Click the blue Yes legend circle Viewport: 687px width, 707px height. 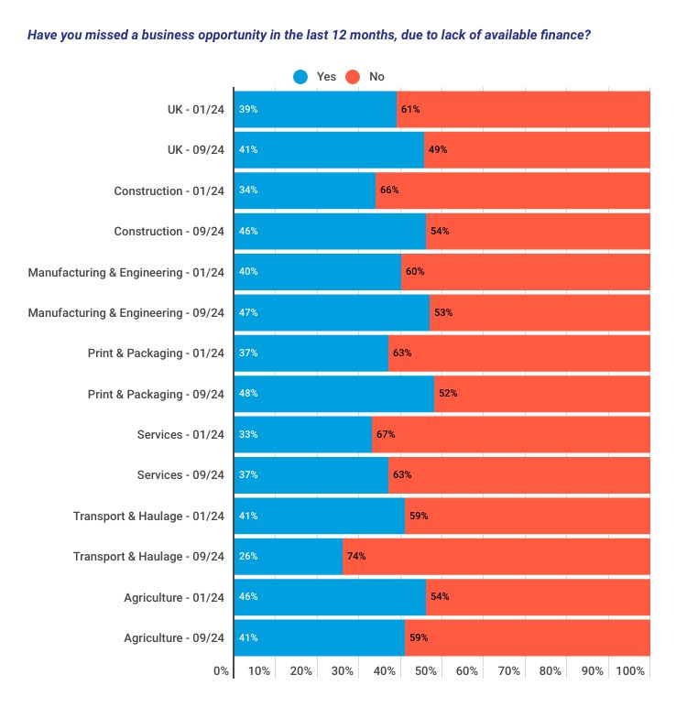(x=300, y=77)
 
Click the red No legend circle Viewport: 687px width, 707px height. (x=354, y=77)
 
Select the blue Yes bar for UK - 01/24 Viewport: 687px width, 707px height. (x=315, y=109)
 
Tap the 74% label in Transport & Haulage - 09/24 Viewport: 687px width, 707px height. (x=356, y=556)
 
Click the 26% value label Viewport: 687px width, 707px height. (x=247, y=556)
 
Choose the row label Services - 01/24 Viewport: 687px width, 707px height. (x=180, y=434)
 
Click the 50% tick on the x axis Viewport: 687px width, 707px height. (x=425, y=671)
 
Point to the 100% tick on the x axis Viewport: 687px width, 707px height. (x=630, y=671)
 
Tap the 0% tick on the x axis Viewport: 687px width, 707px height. (x=221, y=671)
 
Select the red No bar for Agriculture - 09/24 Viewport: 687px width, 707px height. (x=528, y=637)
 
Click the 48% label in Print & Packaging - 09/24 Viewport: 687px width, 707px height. (x=247, y=394)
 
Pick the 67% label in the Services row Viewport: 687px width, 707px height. (x=386, y=434)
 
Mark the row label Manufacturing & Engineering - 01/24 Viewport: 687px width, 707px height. (x=125, y=272)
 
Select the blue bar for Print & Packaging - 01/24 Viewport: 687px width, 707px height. (x=311, y=353)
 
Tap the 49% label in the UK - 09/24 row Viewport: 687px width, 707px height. (x=438, y=150)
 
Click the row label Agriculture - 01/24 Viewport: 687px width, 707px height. (x=174, y=597)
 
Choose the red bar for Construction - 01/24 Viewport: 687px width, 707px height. (x=513, y=190)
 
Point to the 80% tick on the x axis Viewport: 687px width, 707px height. (x=550, y=671)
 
